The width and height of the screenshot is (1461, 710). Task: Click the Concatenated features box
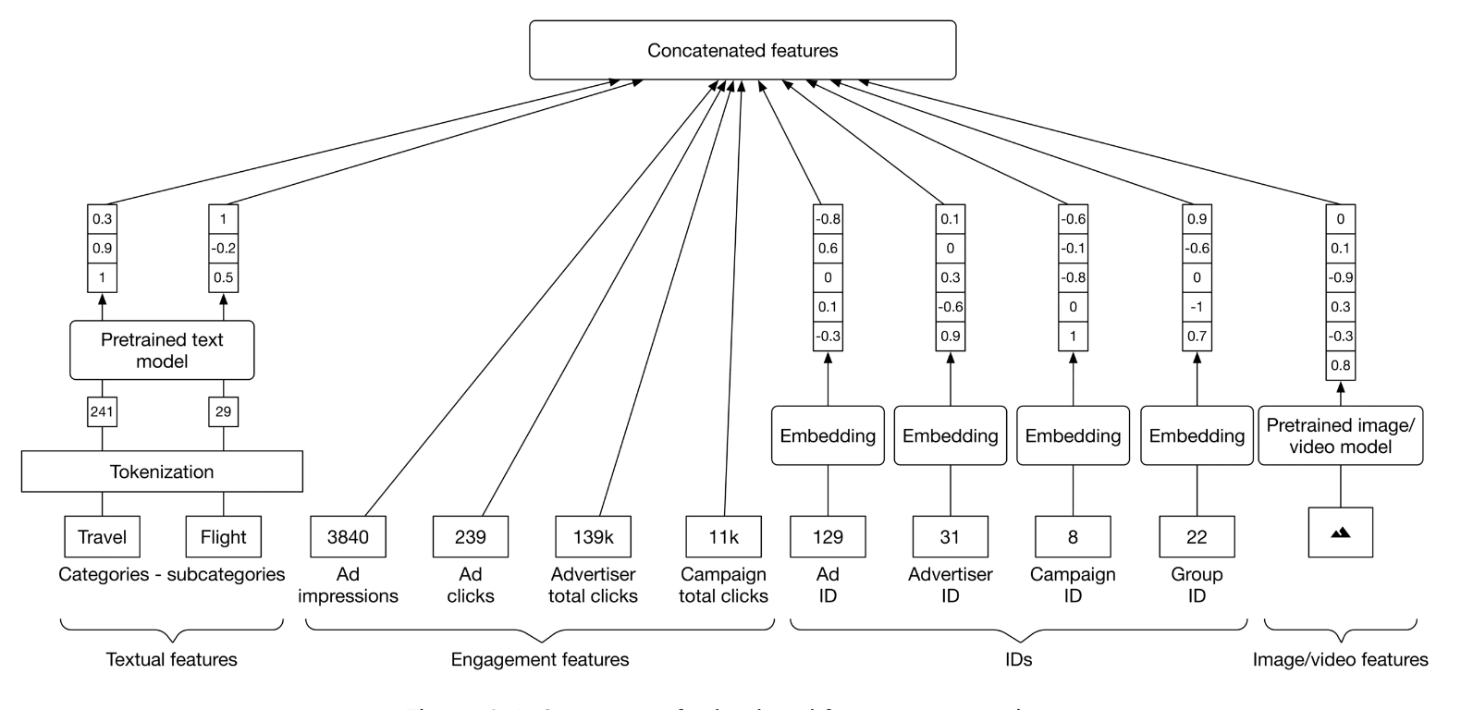click(x=743, y=51)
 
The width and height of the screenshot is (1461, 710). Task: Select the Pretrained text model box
click(x=162, y=350)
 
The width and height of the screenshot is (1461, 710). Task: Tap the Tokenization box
click(x=162, y=471)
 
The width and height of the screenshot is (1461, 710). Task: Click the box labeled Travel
click(x=102, y=536)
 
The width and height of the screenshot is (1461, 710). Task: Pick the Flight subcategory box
click(x=223, y=536)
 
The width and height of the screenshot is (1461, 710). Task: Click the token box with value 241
click(x=102, y=411)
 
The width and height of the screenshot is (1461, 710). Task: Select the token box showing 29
click(x=223, y=411)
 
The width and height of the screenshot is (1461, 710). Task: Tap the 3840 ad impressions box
click(x=348, y=536)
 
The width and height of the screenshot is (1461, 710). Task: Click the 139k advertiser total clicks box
click(x=593, y=536)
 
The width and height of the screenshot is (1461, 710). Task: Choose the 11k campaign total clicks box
click(x=723, y=536)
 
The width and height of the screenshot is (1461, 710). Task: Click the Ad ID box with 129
click(x=828, y=536)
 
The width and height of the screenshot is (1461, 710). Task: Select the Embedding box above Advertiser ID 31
click(x=950, y=435)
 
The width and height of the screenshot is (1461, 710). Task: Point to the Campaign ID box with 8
click(x=1073, y=536)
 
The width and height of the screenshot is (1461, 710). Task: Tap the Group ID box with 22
click(x=1197, y=536)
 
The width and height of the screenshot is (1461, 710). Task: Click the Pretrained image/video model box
click(x=1340, y=435)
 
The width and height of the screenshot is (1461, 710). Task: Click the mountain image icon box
click(x=1340, y=532)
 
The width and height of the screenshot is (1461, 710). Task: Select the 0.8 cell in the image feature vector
click(x=1340, y=365)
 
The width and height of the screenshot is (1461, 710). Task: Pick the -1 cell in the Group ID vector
click(x=1197, y=307)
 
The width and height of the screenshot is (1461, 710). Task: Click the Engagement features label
click(x=540, y=659)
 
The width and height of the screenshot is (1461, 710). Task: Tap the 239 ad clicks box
click(x=470, y=536)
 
